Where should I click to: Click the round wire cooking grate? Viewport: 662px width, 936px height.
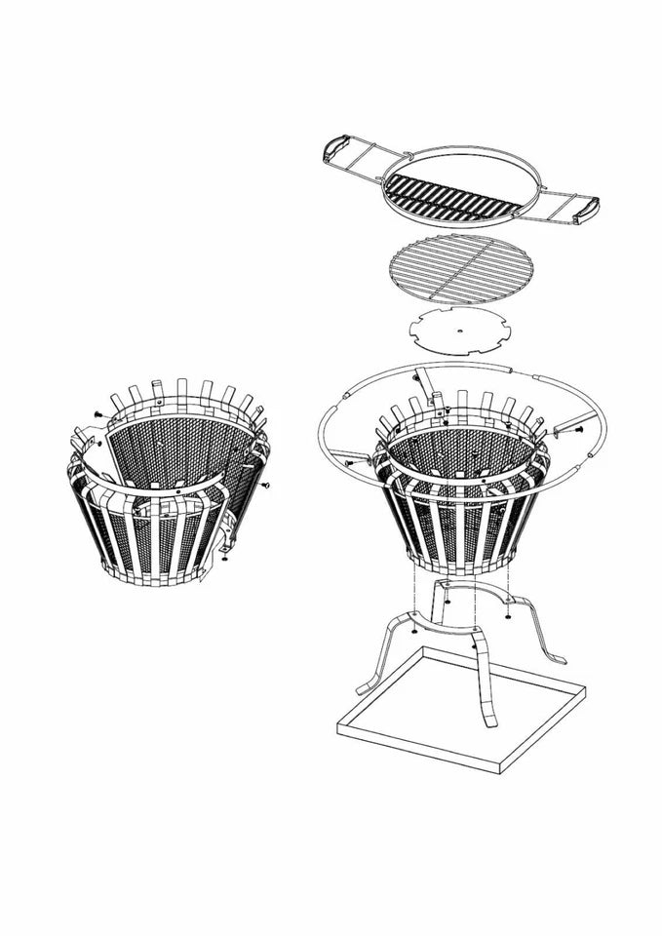(461, 269)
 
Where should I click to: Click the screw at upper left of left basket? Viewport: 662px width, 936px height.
(97, 413)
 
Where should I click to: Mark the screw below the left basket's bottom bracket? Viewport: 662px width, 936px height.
(224, 559)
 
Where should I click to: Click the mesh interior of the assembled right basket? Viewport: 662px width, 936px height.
(458, 453)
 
